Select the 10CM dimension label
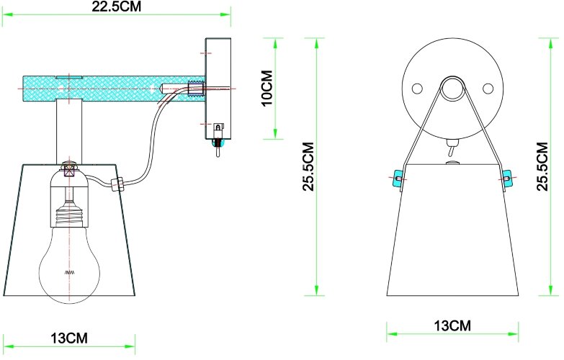tap(267, 89)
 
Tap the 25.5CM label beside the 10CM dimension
tap(308, 166)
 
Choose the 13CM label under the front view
tap(452, 325)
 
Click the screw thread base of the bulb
tap(71, 216)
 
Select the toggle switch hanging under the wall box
tap(217, 147)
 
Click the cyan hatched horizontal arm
tap(108, 87)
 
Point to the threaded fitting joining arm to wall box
tap(194, 89)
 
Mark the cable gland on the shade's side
tap(120, 184)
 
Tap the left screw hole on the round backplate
tap(416, 89)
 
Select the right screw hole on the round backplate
tap(488, 89)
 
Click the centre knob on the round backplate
tap(452, 89)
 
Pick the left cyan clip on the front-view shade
tap(396, 176)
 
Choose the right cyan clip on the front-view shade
tap(507, 176)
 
